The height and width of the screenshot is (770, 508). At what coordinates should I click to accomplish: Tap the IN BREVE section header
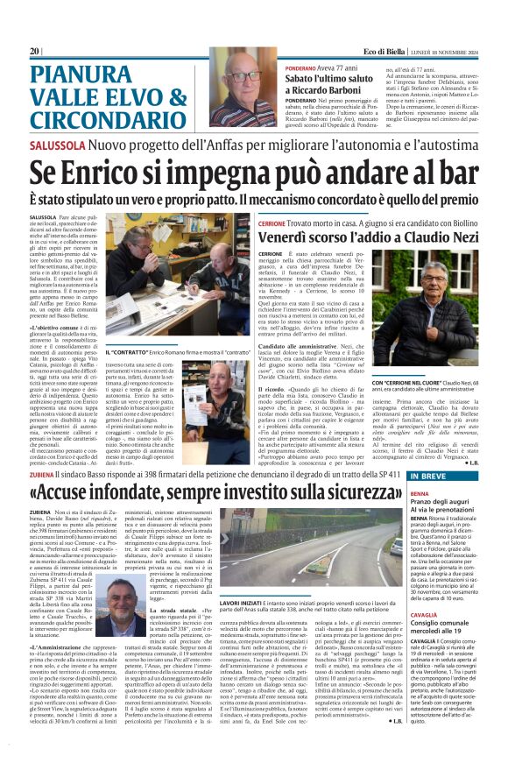click(438, 476)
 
